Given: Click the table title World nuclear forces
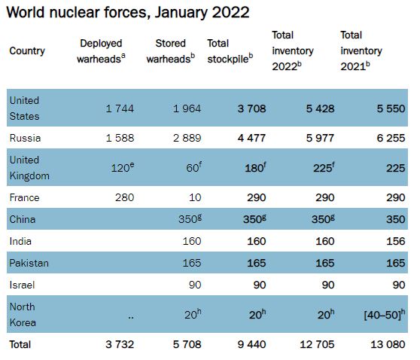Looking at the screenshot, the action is pos(128,13).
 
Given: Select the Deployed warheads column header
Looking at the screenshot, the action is pos(101,51).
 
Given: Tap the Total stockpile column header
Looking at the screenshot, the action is pos(230,51).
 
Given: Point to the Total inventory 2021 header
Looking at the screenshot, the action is pos(361,51).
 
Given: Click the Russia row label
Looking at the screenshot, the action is pos(25,138).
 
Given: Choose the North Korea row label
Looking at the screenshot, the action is pos(23,314).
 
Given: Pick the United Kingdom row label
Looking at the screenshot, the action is pos(29,168).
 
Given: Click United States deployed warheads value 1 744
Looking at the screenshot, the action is pos(120,108).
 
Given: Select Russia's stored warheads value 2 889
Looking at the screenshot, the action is pos(187,138).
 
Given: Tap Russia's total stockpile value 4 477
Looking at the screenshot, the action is pos(251,138).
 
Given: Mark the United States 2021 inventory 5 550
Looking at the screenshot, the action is pos(391,108).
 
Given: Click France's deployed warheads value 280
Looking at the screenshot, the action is pos(124,197).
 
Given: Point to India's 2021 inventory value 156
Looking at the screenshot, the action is pos(396,241).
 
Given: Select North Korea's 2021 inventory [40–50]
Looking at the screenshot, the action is pos(385,314).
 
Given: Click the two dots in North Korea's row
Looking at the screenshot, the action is pos(131,318).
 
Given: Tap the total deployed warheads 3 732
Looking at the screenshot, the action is pos(120,344).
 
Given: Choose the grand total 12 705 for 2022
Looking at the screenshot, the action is pos(317,344).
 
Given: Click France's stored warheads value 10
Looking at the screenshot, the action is pos(195,197).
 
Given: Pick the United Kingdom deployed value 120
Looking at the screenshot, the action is pos(123,167).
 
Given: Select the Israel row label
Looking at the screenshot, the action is pos(23,285).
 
